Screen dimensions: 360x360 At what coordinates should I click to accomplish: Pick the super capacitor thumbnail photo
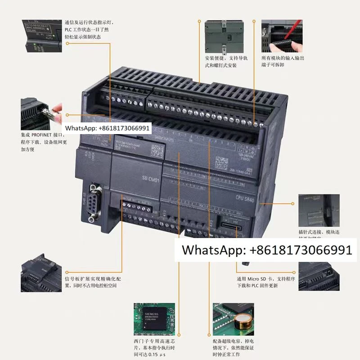(233, 316)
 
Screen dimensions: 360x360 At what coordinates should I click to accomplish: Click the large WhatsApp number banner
(266, 250)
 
